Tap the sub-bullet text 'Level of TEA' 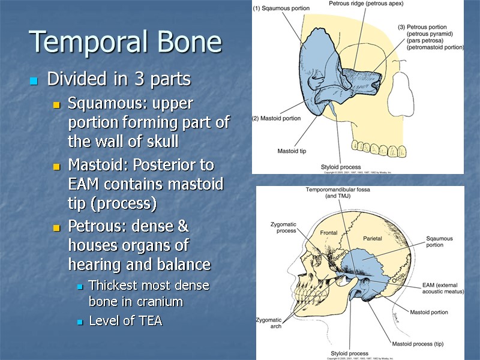point(125,321)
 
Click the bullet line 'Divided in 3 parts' point(118,79)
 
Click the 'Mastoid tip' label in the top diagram point(292,151)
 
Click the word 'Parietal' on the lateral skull point(372,238)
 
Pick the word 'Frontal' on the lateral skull point(328,232)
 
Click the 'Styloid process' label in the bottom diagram point(349,353)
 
